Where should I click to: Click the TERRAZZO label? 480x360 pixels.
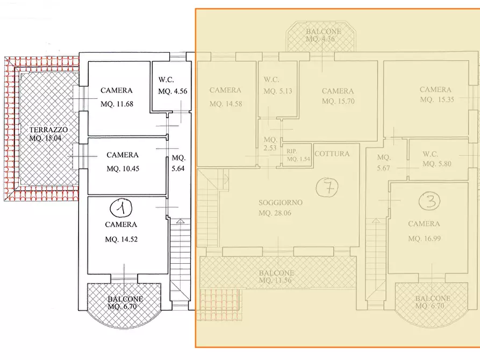click(48, 129)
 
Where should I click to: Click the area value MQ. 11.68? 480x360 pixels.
click(120, 104)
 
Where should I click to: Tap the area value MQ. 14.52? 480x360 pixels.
click(122, 239)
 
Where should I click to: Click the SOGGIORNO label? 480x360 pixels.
click(280, 203)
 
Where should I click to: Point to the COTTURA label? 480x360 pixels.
click(332, 154)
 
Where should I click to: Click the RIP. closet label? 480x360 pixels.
click(291, 151)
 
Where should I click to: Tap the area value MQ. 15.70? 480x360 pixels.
click(338, 101)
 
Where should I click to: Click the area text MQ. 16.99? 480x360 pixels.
click(424, 239)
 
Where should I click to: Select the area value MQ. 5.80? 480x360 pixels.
click(436, 164)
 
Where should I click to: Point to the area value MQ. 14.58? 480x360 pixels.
click(226, 104)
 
